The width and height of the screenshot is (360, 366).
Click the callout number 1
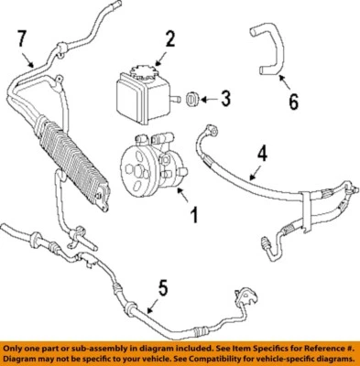[x=193, y=218]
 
